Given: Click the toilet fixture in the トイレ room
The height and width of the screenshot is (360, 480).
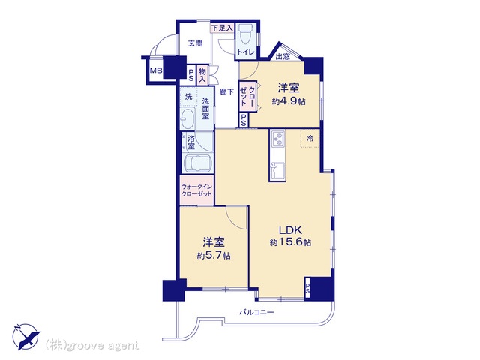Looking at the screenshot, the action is [x=245, y=34].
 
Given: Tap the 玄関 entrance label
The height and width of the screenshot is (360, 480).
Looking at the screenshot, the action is [x=195, y=43].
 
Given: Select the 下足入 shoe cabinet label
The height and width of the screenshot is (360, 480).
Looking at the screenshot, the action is [x=222, y=28].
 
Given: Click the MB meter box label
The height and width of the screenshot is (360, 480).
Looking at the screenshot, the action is [x=156, y=70].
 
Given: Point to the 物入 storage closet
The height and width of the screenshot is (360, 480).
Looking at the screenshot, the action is [x=202, y=75].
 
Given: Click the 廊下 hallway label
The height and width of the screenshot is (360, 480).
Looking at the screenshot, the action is [x=226, y=91].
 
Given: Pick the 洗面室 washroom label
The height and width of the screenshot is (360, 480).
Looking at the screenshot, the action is [x=205, y=108].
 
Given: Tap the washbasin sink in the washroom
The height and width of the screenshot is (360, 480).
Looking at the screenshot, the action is [x=187, y=118].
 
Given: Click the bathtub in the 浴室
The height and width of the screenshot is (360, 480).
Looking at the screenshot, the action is [x=197, y=163].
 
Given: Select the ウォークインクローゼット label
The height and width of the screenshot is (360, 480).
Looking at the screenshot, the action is [x=196, y=190].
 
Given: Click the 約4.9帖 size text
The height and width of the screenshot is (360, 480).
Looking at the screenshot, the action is [x=289, y=101].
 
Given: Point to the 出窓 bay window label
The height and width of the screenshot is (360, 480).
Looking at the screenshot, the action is [x=283, y=57].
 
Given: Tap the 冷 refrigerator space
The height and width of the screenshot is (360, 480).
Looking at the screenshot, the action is [x=310, y=138].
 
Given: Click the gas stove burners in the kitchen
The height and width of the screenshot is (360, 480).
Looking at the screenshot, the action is [x=278, y=139].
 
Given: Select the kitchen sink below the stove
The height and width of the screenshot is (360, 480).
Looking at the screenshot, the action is [x=278, y=171].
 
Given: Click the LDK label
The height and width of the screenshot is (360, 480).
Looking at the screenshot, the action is [x=290, y=229].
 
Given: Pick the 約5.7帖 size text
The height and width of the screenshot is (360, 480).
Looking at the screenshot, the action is [x=214, y=256].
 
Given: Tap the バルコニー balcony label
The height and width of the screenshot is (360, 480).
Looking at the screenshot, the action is [x=256, y=313].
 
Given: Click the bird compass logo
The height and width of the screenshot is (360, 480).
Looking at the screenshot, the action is [x=26, y=336].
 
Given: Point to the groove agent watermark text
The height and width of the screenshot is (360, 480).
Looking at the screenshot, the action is [x=92, y=345].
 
